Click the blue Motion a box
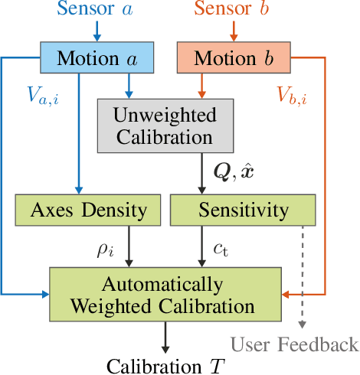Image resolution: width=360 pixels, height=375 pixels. tap(97, 59)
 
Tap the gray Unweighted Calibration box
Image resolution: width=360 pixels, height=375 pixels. tap(165, 126)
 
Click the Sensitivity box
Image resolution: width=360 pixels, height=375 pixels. tap(241, 210)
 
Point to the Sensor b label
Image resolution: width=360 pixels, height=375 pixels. tap(234, 11)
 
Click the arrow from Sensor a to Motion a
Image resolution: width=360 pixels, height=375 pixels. tap(97, 32)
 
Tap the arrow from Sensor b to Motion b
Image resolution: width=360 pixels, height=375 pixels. tap(234, 32)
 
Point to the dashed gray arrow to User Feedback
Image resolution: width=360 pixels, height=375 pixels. tap(305, 276)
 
